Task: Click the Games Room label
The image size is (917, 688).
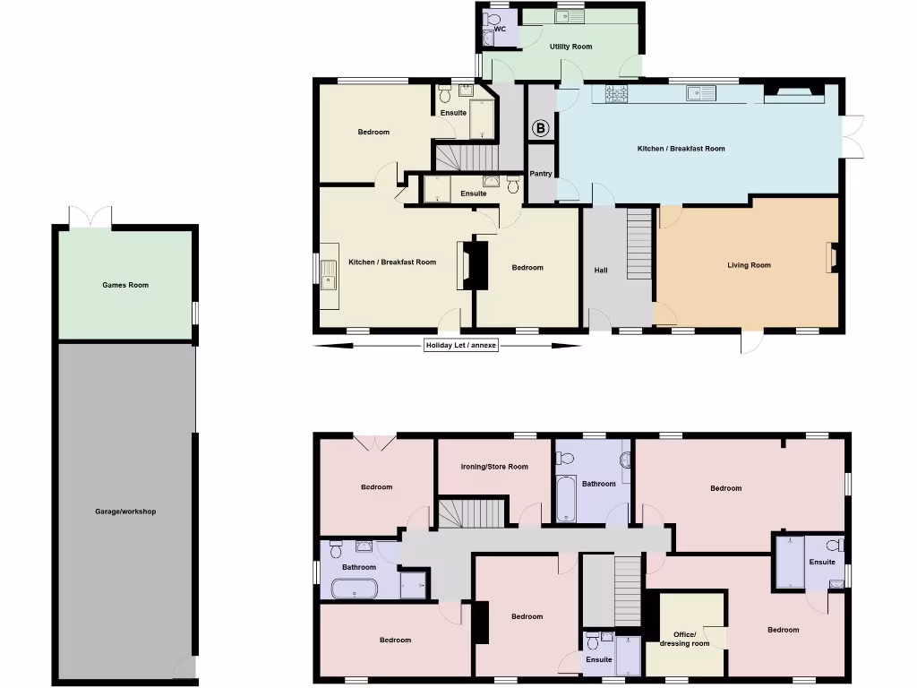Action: point(125,285)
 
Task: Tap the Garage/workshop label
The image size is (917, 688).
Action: point(125,512)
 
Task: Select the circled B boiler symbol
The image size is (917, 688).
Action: point(541,128)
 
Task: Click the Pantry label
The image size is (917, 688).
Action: point(541,174)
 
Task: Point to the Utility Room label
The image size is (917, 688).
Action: point(570,47)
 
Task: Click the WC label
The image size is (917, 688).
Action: point(500,30)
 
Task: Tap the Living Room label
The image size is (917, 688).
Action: point(749,265)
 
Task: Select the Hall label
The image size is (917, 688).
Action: point(601,270)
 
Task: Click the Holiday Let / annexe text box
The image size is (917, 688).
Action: point(461,345)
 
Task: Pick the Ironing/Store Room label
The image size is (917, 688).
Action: point(494,467)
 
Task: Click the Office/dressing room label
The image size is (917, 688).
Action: point(684,639)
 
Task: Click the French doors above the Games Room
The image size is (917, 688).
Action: point(90,218)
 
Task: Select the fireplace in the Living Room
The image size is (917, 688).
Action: point(832,258)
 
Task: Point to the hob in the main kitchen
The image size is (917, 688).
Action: point(616,92)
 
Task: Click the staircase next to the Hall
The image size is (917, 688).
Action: point(639,243)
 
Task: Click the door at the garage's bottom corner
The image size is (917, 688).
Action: point(184,667)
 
